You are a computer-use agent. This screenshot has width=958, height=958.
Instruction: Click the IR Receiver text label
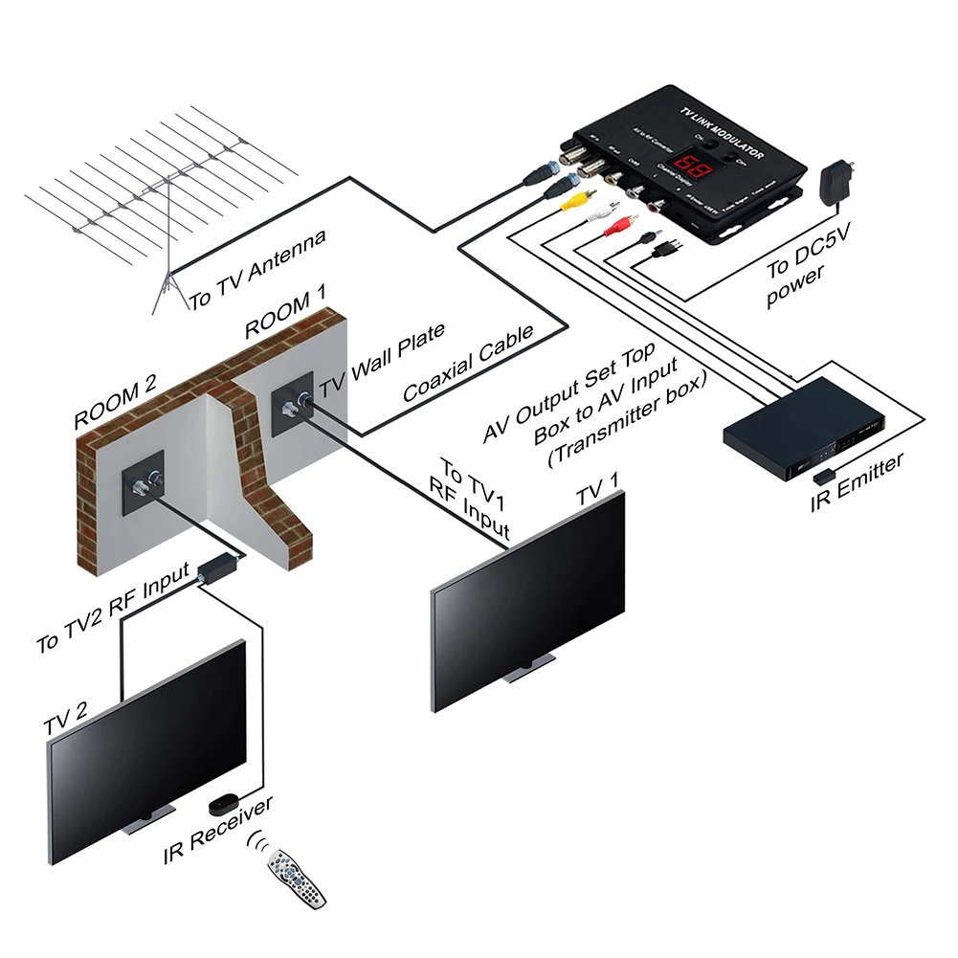point(218,824)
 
